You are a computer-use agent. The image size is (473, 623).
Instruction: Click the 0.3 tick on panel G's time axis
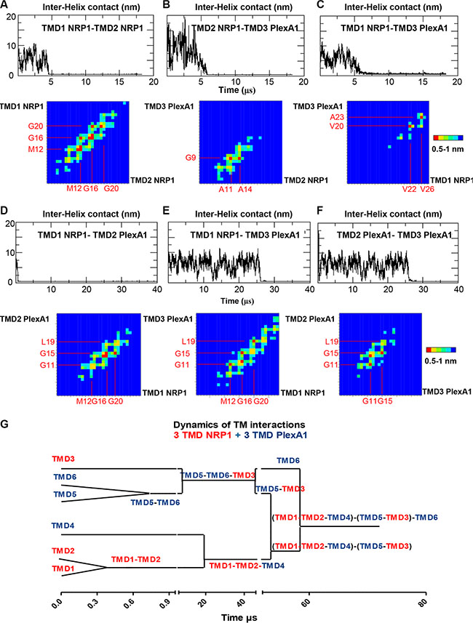tap(97, 603)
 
